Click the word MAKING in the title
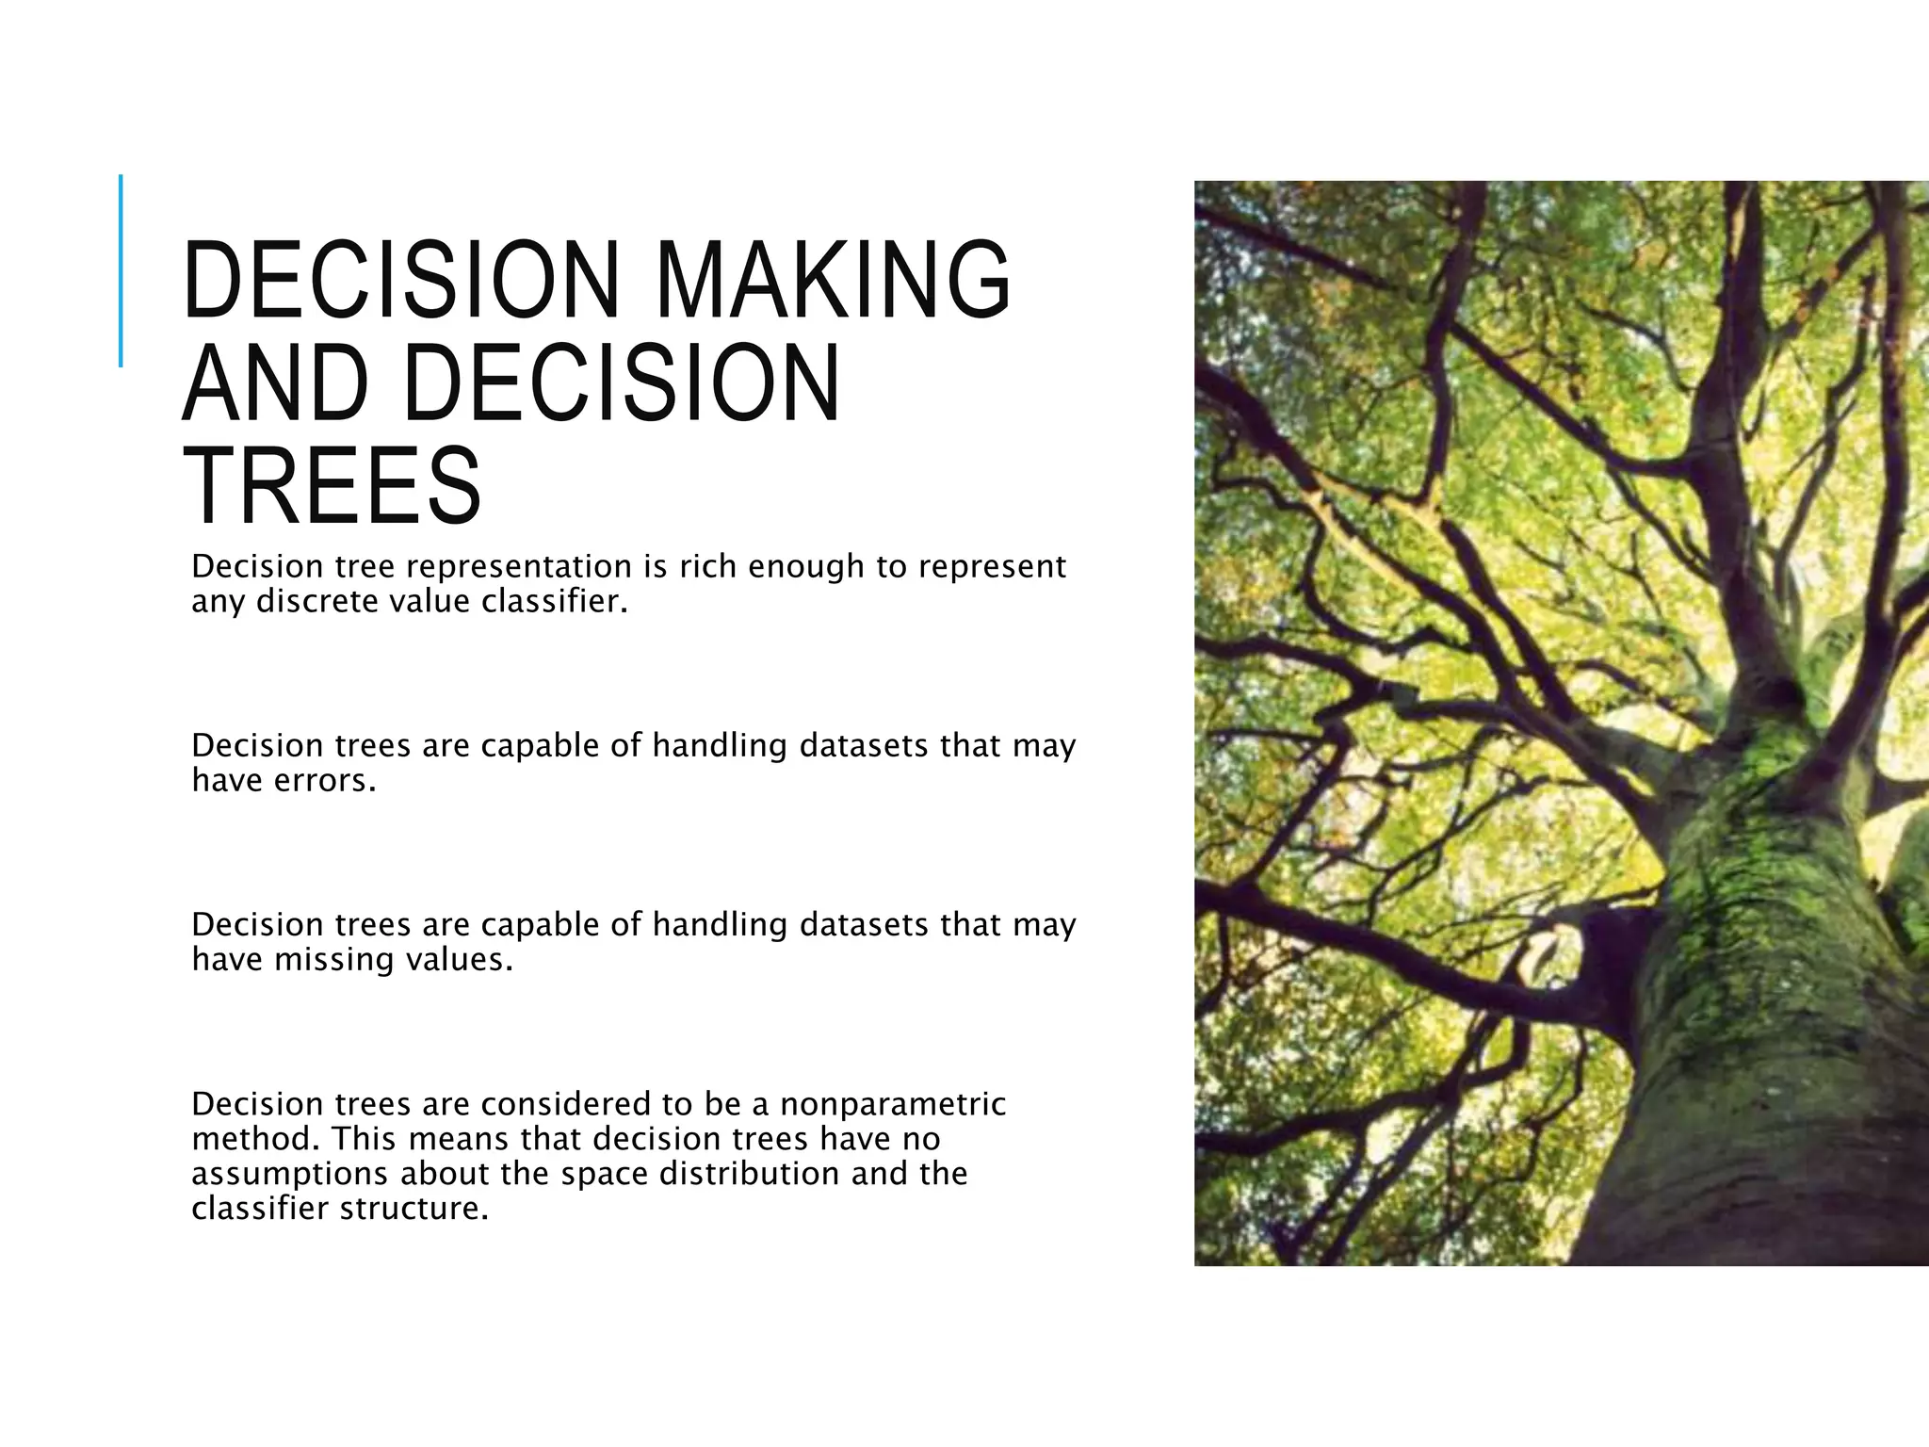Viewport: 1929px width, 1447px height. [833, 280]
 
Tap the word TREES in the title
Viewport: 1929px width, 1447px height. [332, 486]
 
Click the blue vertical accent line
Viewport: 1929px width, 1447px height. [121, 270]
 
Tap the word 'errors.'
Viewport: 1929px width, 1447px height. [325, 780]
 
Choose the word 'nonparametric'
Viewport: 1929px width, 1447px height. [892, 1103]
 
